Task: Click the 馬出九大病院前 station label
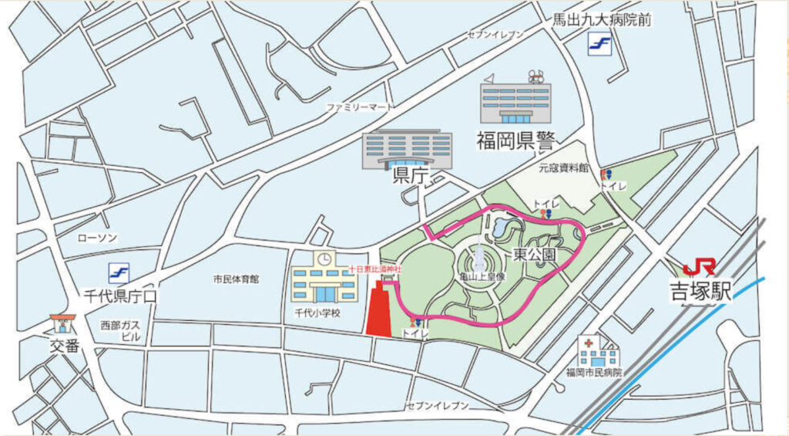(x=602, y=20)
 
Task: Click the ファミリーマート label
(x=360, y=106)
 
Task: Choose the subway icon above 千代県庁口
(x=119, y=272)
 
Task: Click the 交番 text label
(x=65, y=346)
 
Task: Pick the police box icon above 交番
(x=61, y=323)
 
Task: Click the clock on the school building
(x=324, y=259)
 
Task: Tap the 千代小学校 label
(x=317, y=313)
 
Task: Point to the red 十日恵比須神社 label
(x=375, y=269)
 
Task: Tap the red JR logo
(x=700, y=267)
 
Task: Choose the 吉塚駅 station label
(x=698, y=292)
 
